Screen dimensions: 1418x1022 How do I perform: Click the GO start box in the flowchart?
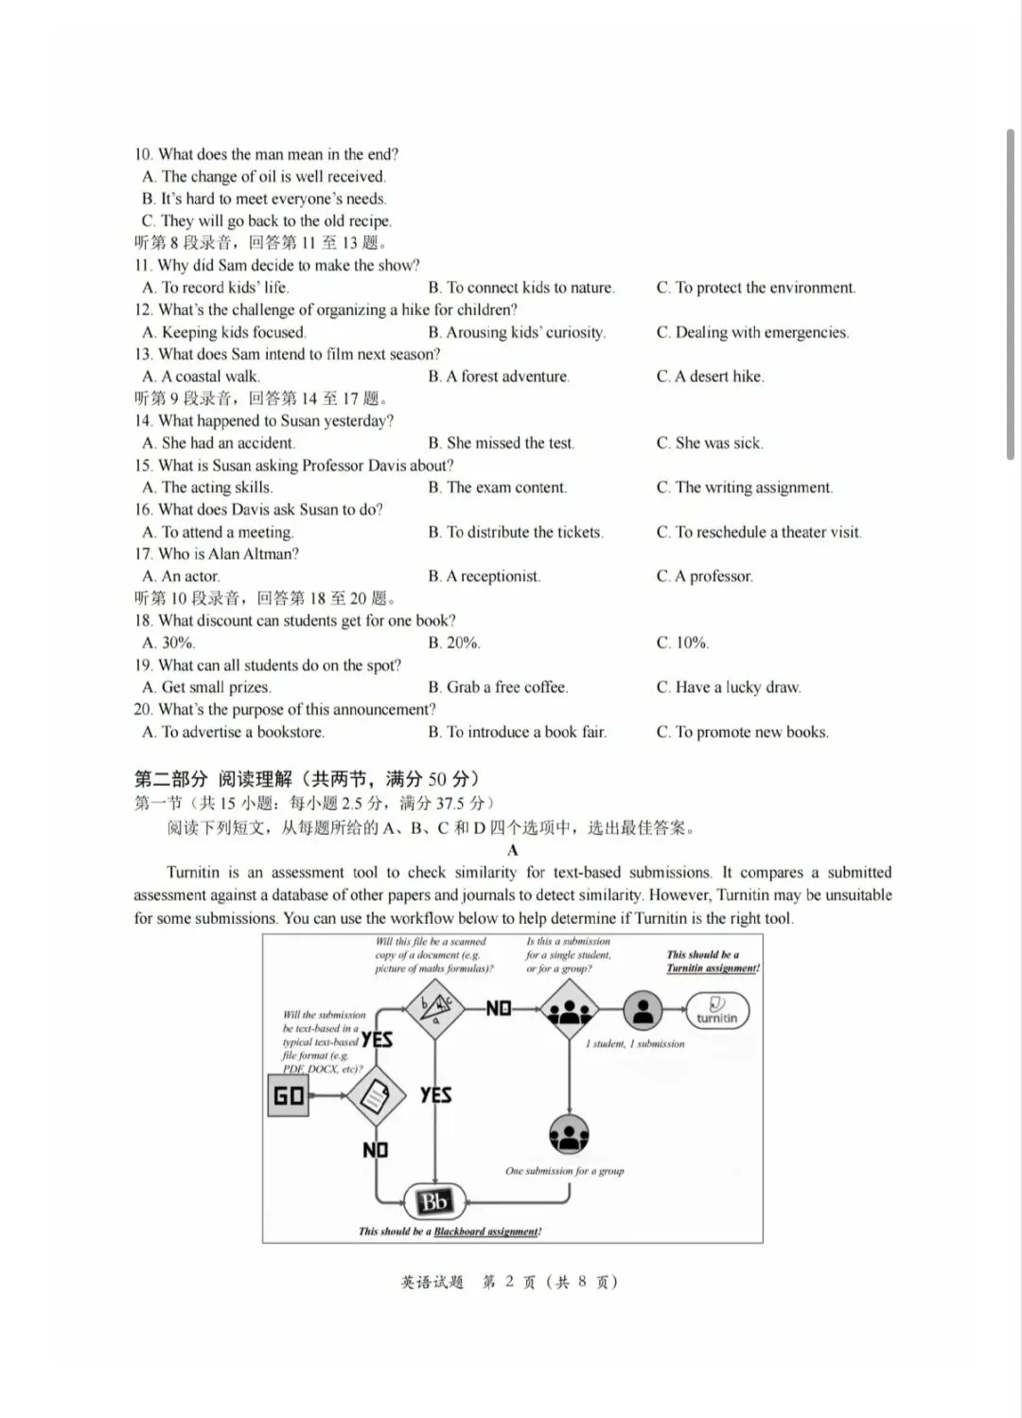pyautogui.click(x=289, y=1095)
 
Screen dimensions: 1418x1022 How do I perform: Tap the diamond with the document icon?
pyautogui.click(x=376, y=1096)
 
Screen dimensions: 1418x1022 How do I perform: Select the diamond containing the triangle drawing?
pyautogui.click(x=435, y=1008)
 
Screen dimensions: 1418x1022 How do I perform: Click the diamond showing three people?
pyautogui.click(x=569, y=1010)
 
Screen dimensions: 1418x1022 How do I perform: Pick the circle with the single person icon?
pyautogui.click(x=643, y=1010)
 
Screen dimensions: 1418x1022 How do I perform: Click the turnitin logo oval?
pyautogui.click(x=716, y=1010)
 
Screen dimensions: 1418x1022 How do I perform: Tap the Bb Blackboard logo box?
pyautogui.click(x=434, y=1202)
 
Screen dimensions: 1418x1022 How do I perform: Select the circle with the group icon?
pyautogui.click(x=569, y=1134)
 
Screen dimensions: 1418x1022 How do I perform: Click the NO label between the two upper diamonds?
pyautogui.click(x=499, y=1008)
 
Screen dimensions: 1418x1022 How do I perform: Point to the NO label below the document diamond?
pyautogui.click(x=376, y=1149)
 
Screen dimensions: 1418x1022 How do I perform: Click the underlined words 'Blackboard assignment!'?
pyautogui.click(x=487, y=1232)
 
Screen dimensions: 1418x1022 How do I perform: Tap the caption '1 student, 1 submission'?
pyautogui.click(x=635, y=1043)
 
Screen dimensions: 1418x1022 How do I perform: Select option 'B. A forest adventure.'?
pyautogui.click(x=499, y=377)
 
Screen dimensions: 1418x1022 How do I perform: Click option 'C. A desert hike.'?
pyautogui.click(x=711, y=377)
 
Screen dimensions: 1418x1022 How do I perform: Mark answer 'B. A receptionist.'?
pyautogui.click(x=485, y=576)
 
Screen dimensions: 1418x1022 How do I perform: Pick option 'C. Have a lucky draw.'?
pyautogui.click(x=729, y=687)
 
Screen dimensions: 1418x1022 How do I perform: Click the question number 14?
pyautogui.click(x=143, y=421)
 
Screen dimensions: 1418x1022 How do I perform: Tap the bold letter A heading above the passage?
pyautogui.click(x=513, y=850)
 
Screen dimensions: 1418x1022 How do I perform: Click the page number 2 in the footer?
pyautogui.click(x=509, y=1282)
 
